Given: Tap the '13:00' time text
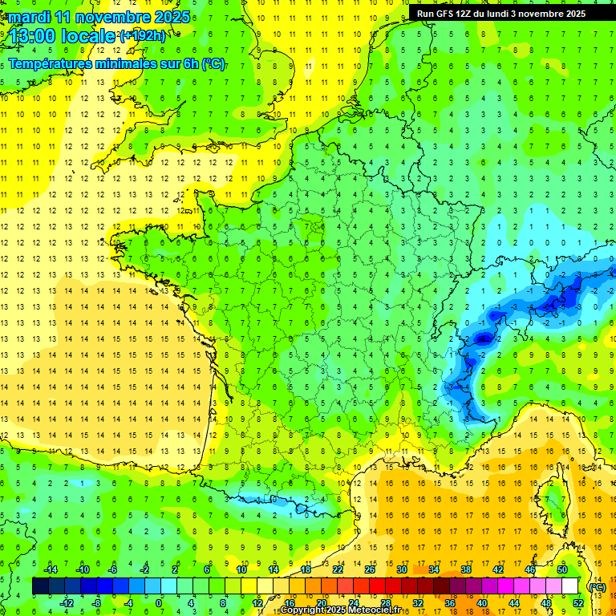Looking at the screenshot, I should pos(34,35).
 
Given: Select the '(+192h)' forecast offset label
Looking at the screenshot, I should pos(143,35).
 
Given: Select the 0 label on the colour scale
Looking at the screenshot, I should pos(159,603).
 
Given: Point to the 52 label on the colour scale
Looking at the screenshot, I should pos(578,603).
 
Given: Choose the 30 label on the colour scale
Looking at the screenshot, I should pos(401,569).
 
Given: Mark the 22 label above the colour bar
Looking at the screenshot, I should pos(338,569).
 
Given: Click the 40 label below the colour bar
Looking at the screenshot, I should pos(481,603).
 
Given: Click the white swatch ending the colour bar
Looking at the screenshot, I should pos(570,586).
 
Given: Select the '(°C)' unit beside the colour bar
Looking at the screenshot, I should pos(598,587).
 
